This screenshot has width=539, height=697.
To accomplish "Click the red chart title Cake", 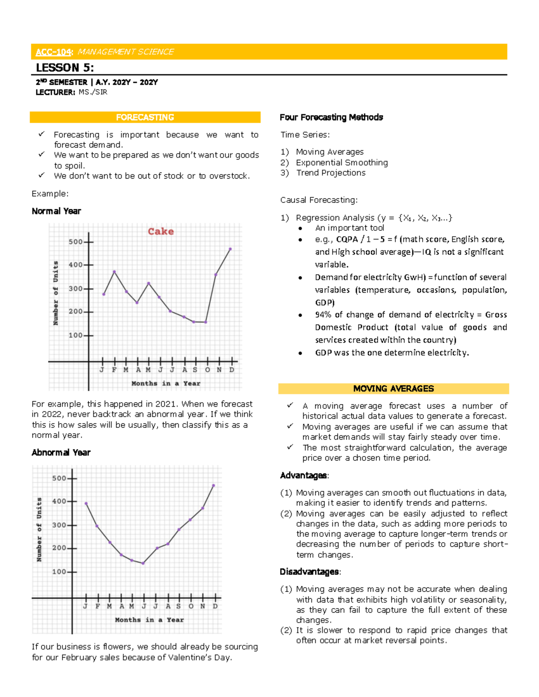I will coord(161,232).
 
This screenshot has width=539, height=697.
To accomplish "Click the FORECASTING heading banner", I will coord(145,117).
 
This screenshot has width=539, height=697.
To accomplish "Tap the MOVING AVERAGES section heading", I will coord(393,389).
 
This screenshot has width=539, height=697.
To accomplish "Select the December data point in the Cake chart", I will coord(230,249).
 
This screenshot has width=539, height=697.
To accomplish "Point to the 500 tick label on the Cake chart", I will coord(75,242).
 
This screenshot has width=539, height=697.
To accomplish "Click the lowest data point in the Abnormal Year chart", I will coord(143,563).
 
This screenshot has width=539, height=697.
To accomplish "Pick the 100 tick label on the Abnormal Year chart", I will coord(59,572).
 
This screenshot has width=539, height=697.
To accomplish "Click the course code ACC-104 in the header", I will coord(53,52).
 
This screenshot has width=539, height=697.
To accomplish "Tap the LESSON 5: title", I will coord(65,68).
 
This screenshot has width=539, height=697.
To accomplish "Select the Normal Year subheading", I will coord(56,211).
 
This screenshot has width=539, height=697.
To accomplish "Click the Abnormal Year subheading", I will coord(61,452).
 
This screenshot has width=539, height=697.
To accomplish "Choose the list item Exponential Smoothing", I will coord(341,162).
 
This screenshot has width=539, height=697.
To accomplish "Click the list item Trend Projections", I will coord(331,173).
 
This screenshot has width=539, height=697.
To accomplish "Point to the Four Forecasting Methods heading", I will coord(331,117).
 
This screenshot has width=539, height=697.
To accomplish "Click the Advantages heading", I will coord(304,475).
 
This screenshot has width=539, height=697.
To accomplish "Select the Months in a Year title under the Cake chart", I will coord(166,383).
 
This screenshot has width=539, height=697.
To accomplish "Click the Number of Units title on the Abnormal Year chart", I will coord(39,529).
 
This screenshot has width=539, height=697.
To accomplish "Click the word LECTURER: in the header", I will coord(55,92).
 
